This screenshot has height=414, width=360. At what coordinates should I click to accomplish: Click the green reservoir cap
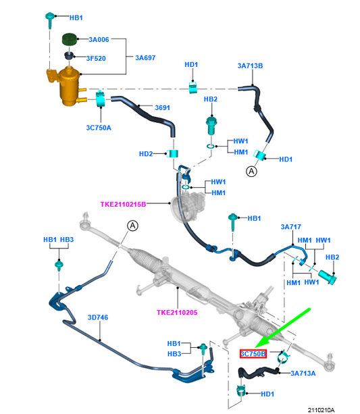tap(69, 39)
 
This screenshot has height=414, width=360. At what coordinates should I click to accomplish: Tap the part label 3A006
tap(99, 40)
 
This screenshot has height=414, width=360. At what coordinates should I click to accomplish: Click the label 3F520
tap(96, 58)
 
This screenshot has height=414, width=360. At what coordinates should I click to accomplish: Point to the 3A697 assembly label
tap(145, 58)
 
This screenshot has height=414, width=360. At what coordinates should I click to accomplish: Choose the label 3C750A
tap(99, 128)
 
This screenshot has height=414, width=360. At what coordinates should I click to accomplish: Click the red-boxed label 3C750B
tap(253, 354)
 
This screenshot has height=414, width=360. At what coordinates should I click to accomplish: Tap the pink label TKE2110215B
tap(123, 205)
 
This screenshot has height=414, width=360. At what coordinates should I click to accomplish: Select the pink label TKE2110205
tap(177, 313)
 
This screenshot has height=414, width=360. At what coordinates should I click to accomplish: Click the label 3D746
tap(98, 317)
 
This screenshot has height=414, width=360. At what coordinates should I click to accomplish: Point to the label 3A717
tap(291, 227)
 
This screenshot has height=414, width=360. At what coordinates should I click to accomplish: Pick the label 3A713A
tap(303, 373)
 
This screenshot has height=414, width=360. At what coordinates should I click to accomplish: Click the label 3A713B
tap(250, 66)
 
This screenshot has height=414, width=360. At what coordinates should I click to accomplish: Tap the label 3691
tap(162, 108)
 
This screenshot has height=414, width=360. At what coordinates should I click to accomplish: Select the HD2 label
tap(146, 154)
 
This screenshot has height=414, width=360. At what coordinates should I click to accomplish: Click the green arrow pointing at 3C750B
tap(282, 328)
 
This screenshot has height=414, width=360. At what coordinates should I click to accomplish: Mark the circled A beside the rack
tap(132, 226)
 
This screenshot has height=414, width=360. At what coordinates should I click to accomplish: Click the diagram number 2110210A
tap(322, 410)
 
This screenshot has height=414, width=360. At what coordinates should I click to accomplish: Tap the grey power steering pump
tap(188, 206)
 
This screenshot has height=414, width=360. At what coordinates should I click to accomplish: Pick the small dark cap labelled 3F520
tap(69, 55)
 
